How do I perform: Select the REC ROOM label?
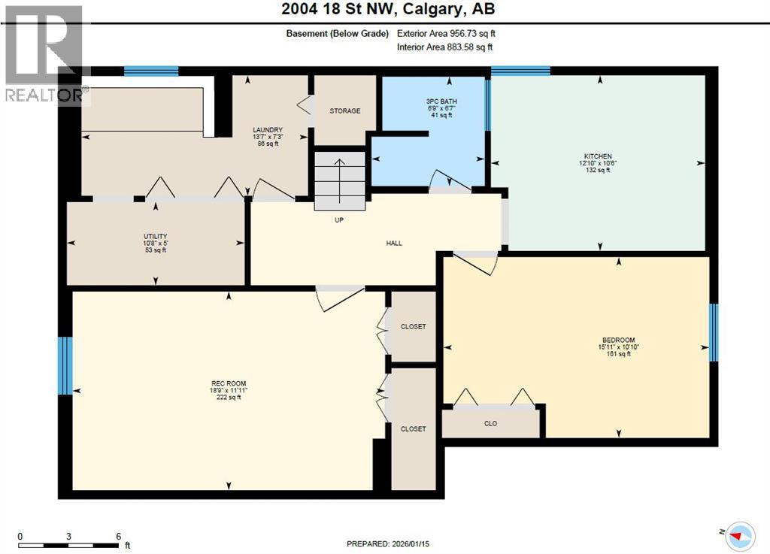click(228, 383)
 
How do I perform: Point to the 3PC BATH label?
click(439, 101)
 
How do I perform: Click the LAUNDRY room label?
click(267, 130)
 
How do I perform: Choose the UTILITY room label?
click(156, 236)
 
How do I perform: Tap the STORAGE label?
click(344, 111)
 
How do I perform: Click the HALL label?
click(394, 243)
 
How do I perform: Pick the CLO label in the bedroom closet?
click(490, 424)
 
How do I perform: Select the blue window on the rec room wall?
click(66, 365)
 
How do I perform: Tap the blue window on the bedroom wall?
click(714, 332)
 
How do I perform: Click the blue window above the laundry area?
click(151, 71)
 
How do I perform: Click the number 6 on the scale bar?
click(118, 536)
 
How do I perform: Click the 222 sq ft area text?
click(229, 398)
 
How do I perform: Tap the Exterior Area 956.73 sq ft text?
click(446, 33)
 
